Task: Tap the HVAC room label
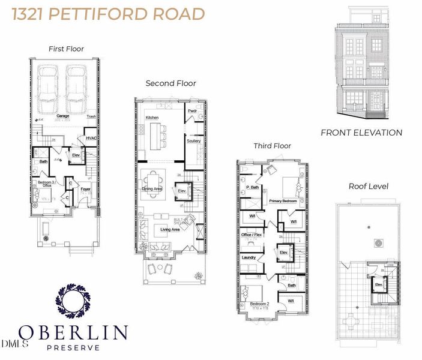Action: pos(91,137)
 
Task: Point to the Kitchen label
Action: pos(152,118)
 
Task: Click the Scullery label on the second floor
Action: pos(193,141)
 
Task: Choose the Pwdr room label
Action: pos(193,111)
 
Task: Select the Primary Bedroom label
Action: pos(283,201)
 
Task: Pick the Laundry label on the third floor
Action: pos(249,258)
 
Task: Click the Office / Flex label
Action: pos(251,234)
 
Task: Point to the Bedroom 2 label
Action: pos(259,304)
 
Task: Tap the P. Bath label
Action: pos(252,188)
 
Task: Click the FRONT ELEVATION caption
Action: pos(361,133)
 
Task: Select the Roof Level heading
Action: pos(369,186)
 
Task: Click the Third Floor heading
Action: pos(272,146)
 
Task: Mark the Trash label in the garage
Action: pos(91,116)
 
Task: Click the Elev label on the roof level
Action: pos(378,284)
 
